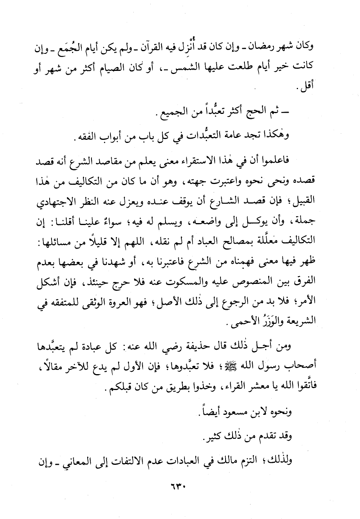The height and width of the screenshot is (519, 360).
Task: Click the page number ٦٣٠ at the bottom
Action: click(x=180, y=486)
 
